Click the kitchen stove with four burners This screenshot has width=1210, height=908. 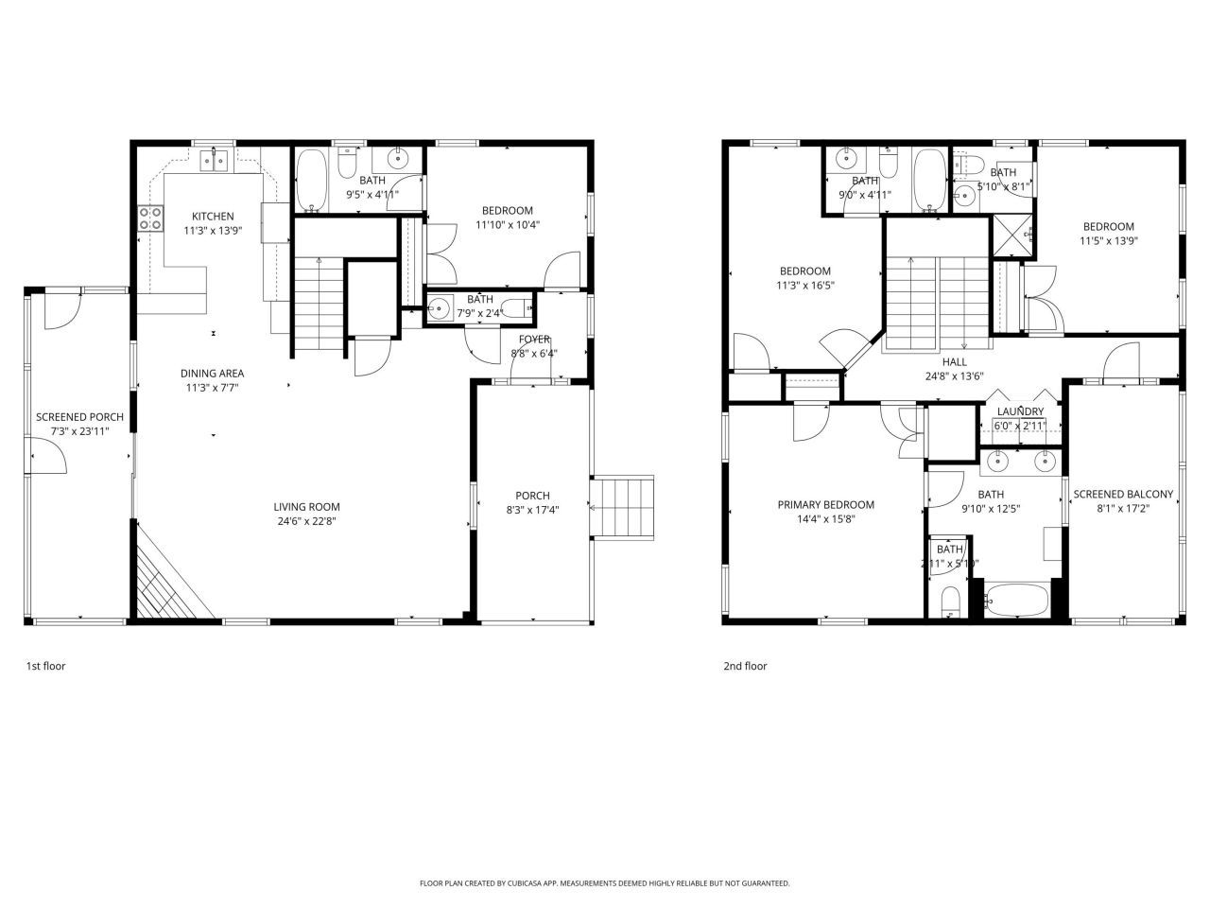pyautogui.click(x=150, y=218)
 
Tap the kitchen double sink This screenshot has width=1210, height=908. pyautogui.click(x=216, y=162)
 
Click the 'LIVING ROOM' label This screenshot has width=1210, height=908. pyautogui.click(x=308, y=507)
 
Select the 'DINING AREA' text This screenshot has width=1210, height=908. pyautogui.click(x=213, y=374)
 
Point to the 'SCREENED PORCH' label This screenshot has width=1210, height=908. pyautogui.click(x=79, y=417)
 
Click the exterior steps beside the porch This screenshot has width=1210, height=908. pyautogui.click(x=623, y=508)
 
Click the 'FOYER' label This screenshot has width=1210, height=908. pyautogui.click(x=535, y=340)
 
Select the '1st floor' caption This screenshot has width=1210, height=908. pyautogui.click(x=45, y=666)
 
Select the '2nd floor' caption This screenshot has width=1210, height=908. pyautogui.click(x=745, y=666)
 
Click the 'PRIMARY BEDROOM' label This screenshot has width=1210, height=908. pyautogui.click(x=825, y=505)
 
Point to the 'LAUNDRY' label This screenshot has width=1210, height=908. pyautogui.click(x=1020, y=411)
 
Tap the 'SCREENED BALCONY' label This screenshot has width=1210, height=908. pyautogui.click(x=1123, y=494)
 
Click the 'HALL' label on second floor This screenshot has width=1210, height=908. pyautogui.click(x=954, y=361)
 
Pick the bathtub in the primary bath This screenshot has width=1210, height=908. pyautogui.click(x=1016, y=600)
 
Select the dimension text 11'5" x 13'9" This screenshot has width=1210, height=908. pyautogui.click(x=1109, y=240)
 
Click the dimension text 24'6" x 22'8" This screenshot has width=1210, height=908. pyautogui.click(x=308, y=520)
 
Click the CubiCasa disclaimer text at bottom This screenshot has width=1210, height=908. pyautogui.click(x=605, y=883)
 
